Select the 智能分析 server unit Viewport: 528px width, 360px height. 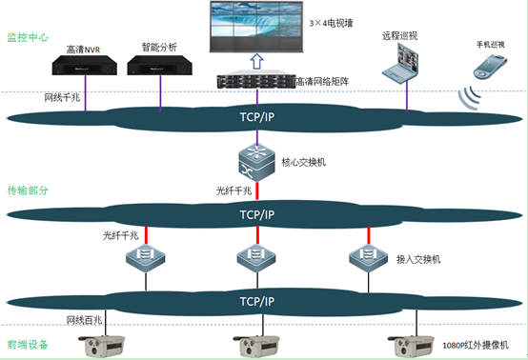tap(158, 66)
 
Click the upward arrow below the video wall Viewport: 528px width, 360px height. tap(256, 62)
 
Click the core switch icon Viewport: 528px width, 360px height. tap(255, 161)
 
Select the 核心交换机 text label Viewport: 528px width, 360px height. tap(303, 163)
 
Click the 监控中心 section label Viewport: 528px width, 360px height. tap(27, 37)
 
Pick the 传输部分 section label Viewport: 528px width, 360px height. tap(27, 190)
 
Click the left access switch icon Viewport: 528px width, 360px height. tap(150, 258)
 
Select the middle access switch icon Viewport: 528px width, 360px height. tap(256, 258)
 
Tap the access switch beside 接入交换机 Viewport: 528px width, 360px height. tap(367, 258)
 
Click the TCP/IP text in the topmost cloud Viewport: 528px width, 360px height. tap(257, 117)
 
